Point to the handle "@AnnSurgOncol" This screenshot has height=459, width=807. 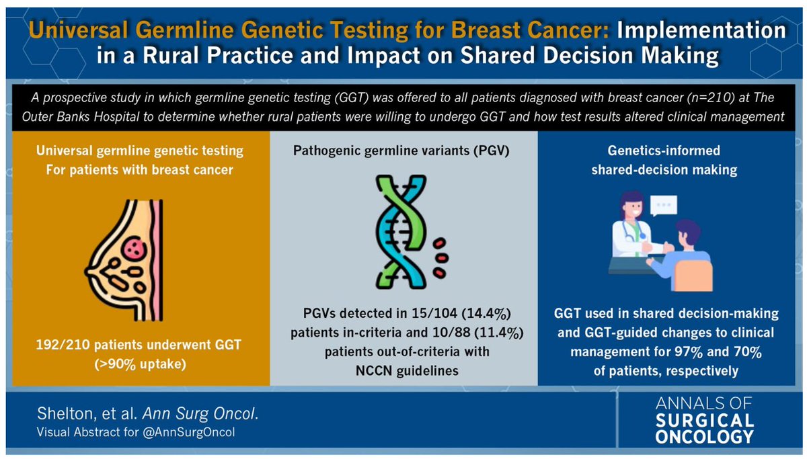(201, 432)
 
